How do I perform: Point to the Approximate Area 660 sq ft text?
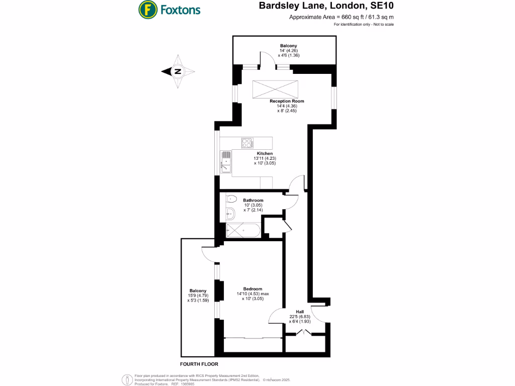341,18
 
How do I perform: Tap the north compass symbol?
177,71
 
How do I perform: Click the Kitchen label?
265,153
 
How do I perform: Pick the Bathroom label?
253,200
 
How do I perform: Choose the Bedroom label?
252,289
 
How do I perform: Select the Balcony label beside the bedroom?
198,291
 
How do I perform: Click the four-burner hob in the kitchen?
247,143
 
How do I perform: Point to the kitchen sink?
226,162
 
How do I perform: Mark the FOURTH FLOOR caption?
199,363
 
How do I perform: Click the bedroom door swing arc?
276,316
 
